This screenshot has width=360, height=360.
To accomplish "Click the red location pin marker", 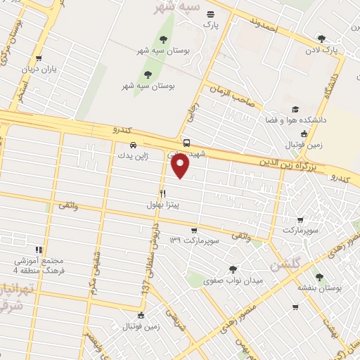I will point(181,166).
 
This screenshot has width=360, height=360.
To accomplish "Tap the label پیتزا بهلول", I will point(163,205).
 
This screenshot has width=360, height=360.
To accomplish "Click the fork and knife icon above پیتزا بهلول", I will point(162,193).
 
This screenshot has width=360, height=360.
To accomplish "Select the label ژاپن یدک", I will point(132,155).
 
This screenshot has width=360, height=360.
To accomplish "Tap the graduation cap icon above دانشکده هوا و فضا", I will point(295,110).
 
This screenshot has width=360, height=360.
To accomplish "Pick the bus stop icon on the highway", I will point(186,142).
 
